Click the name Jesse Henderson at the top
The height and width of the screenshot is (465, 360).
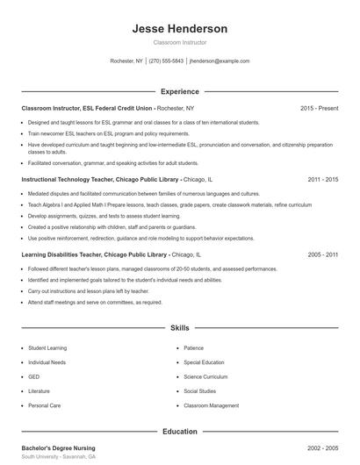[x=179, y=29]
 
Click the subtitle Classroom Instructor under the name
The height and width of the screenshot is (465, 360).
[x=179, y=42]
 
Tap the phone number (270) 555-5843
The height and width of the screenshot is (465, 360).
[x=166, y=61]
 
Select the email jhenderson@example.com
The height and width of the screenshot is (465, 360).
[x=220, y=61]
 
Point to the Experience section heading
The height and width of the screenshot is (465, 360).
[x=179, y=90]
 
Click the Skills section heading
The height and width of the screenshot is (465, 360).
[x=179, y=327]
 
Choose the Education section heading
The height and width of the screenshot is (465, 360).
[x=179, y=431]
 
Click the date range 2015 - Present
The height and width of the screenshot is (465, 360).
[x=319, y=108]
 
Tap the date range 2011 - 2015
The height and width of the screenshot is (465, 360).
[x=323, y=179]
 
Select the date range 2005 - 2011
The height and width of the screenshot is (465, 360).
[x=323, y=254]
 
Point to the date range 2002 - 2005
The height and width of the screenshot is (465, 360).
[x=323, y=447]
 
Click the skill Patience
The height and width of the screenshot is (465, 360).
[x=193, y=347]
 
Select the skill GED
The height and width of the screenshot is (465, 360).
[x=34, y=376]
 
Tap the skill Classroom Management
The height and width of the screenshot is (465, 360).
[x=211, y=405]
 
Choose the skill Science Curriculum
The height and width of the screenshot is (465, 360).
[x=205, y=376]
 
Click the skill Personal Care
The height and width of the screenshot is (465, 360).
[x=44, y=405]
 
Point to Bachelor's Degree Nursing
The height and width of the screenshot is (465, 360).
[x=58, y=447]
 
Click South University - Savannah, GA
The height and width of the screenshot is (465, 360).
[x=59, y=457]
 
